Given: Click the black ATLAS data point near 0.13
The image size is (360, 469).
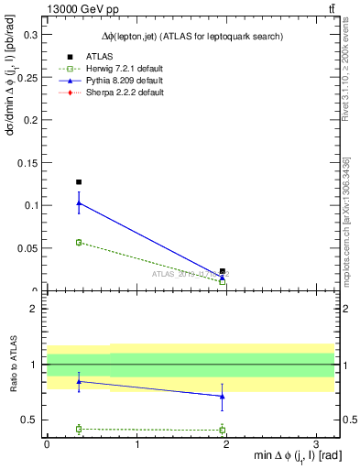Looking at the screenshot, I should [79, 182].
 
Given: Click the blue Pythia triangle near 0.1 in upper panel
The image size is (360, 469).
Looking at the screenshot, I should [79, 203].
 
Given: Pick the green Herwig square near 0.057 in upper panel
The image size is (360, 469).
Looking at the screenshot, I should [79, 242].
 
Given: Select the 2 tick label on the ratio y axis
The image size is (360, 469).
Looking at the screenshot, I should [34, 309].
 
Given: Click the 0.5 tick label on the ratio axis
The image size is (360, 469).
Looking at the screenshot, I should [29, 420].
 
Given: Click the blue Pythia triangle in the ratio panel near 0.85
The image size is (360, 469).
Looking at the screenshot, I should [79, 381].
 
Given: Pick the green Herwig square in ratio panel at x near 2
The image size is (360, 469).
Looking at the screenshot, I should [222, 430].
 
